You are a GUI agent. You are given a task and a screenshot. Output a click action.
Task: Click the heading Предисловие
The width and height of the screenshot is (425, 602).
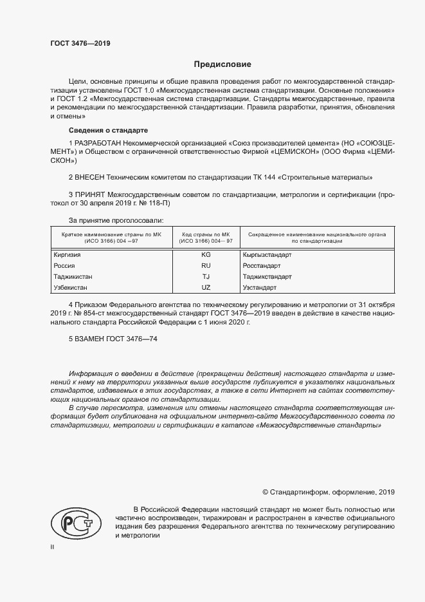(x=222, y=64)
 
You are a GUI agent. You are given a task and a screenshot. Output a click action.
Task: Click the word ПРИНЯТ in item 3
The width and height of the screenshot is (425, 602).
(x=91, y=194)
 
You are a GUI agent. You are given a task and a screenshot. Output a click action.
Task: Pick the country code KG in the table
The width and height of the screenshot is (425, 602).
(x=206, y=255)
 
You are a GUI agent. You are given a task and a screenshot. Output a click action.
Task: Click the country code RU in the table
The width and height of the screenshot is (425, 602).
(x=206, y=265)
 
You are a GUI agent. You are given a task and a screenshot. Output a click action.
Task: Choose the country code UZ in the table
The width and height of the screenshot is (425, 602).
(x=206, y=287)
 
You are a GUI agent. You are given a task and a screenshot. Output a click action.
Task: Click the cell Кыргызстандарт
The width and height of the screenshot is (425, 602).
(x=267, y=255)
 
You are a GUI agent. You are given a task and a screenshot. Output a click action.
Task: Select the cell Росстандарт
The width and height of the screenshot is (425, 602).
(x=262, y=265)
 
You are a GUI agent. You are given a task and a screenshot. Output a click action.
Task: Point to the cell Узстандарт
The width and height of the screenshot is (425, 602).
(x=259, y=287)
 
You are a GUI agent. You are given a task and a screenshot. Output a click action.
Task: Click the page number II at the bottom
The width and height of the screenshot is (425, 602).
(x=52, y=547)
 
